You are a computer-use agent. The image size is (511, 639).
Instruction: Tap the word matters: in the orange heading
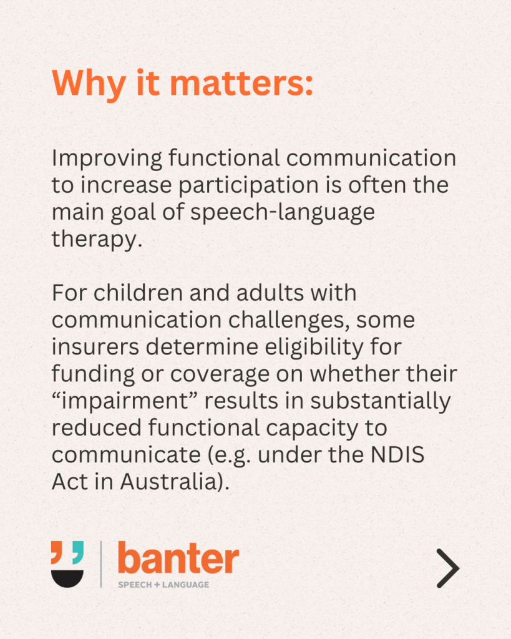(x=241, y=84)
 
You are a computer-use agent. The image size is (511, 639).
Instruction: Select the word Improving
(x=107, y=159)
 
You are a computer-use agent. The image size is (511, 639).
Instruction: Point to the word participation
(x=248, y=186)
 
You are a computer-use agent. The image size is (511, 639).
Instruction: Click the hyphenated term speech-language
(x=283, y=213)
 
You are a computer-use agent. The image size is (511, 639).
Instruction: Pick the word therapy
(x=97, y=240)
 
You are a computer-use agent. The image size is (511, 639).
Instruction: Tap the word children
(x=138, y=293)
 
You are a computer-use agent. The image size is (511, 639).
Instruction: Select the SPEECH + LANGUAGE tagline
(x=163, y=585)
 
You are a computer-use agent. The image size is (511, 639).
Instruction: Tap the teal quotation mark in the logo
(x=78, y=552)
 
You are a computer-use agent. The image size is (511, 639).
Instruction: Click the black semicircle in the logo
(x=67, y=578)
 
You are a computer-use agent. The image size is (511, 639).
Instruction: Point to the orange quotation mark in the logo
(x=57, y=552)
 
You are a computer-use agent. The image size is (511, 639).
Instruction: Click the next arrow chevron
(x=449, y=568)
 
